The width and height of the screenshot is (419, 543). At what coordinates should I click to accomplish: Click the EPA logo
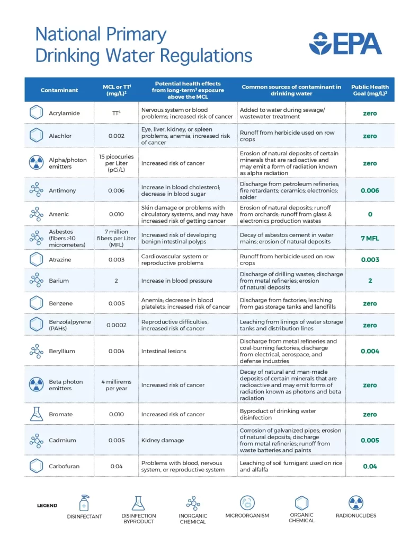click(345, 43)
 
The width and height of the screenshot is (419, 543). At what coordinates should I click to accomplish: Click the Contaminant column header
click(59, 90)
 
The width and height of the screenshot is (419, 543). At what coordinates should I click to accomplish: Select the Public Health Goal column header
click(370, 90)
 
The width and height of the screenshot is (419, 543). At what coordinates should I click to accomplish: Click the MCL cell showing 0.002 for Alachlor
click(116, 136)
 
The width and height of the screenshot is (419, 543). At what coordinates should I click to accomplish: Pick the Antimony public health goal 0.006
click(370, 190)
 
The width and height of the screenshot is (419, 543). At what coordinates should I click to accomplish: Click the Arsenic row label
click(59, 214)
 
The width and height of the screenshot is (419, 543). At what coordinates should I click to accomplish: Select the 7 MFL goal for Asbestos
click(370, 238)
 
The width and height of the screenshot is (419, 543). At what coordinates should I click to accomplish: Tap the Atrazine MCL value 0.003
click(116, 260)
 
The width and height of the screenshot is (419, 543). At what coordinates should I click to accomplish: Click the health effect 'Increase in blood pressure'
click(176, 281)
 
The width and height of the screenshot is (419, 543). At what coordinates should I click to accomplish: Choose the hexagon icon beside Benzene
click(36, 303)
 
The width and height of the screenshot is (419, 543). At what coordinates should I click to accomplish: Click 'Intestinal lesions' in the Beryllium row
click(164, 351)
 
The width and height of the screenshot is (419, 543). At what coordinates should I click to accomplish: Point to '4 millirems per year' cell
click(116, 385)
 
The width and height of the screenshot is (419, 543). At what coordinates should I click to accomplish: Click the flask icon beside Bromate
click(36, 414)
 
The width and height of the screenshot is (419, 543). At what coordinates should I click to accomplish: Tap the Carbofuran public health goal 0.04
click(370, 466)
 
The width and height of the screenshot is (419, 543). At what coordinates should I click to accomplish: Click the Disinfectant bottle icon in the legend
click(84, 503)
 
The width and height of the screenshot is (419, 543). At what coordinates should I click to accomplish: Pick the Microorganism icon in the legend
click(247, 503)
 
